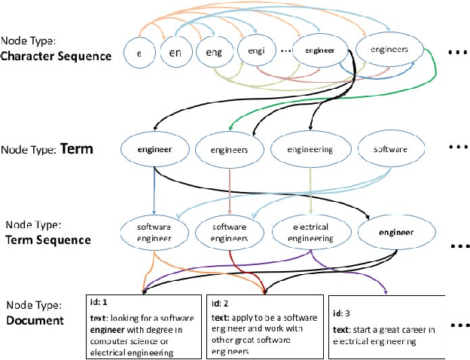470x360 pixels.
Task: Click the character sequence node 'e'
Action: coord(139,55)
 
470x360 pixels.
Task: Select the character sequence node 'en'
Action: coord(174,53)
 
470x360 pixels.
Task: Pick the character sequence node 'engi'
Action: coord(252,51)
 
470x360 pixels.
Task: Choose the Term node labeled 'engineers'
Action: coord(230,149)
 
